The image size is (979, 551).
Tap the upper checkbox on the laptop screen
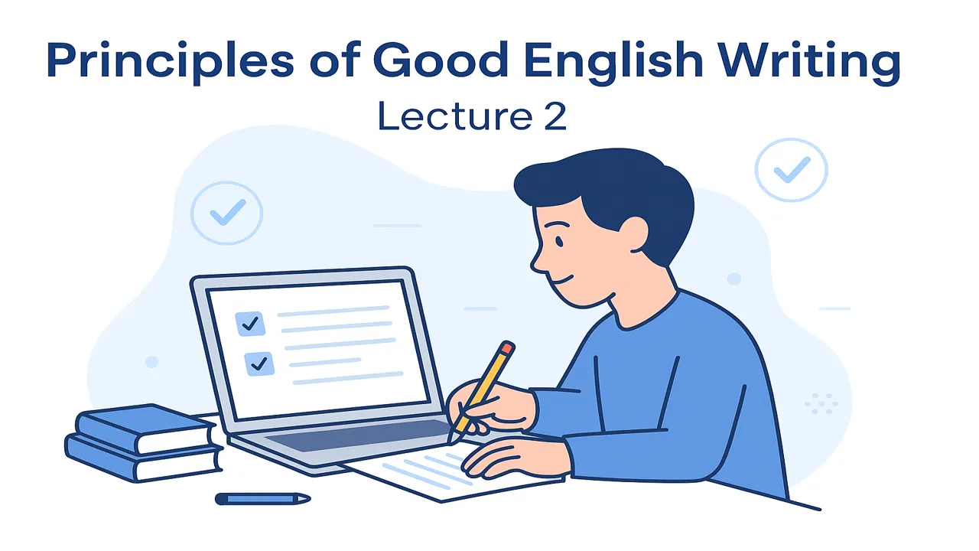pos(251,323)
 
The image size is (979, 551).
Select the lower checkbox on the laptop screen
pos(259,364)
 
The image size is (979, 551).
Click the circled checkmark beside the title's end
pos(791,169)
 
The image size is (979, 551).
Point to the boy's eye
pos(559,243)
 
